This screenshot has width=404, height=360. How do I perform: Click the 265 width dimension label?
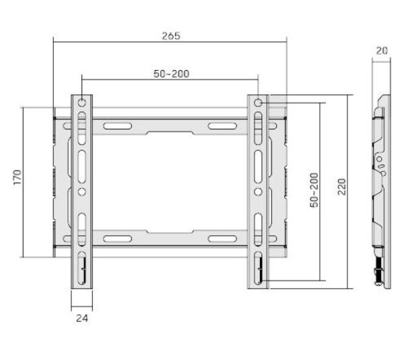[x=171, y=36]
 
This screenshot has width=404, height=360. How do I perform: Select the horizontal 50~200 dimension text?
[x=171, y=74]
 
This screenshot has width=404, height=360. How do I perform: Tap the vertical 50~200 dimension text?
[x=314, y=190]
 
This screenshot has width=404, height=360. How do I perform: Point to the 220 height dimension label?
[x=342, y=187]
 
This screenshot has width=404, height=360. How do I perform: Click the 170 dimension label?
[x=18, y=177]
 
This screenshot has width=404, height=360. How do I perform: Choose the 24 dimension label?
[x=82, y=318]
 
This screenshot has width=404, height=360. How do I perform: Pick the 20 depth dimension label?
[x=382, y=51]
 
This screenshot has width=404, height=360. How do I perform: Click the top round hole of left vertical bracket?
[x=81, y=103]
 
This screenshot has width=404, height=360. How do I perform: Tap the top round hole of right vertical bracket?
[x=258, y=103]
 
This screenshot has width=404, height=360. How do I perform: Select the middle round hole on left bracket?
[x=81, y=191]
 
